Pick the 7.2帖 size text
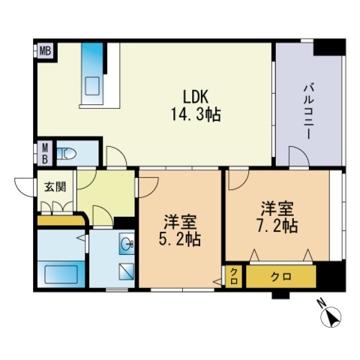pos(279,224)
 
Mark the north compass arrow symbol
pos(330,318)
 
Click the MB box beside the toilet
pos(45,153)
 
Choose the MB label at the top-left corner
pos(46,52)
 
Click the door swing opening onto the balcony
pos(298,157)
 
